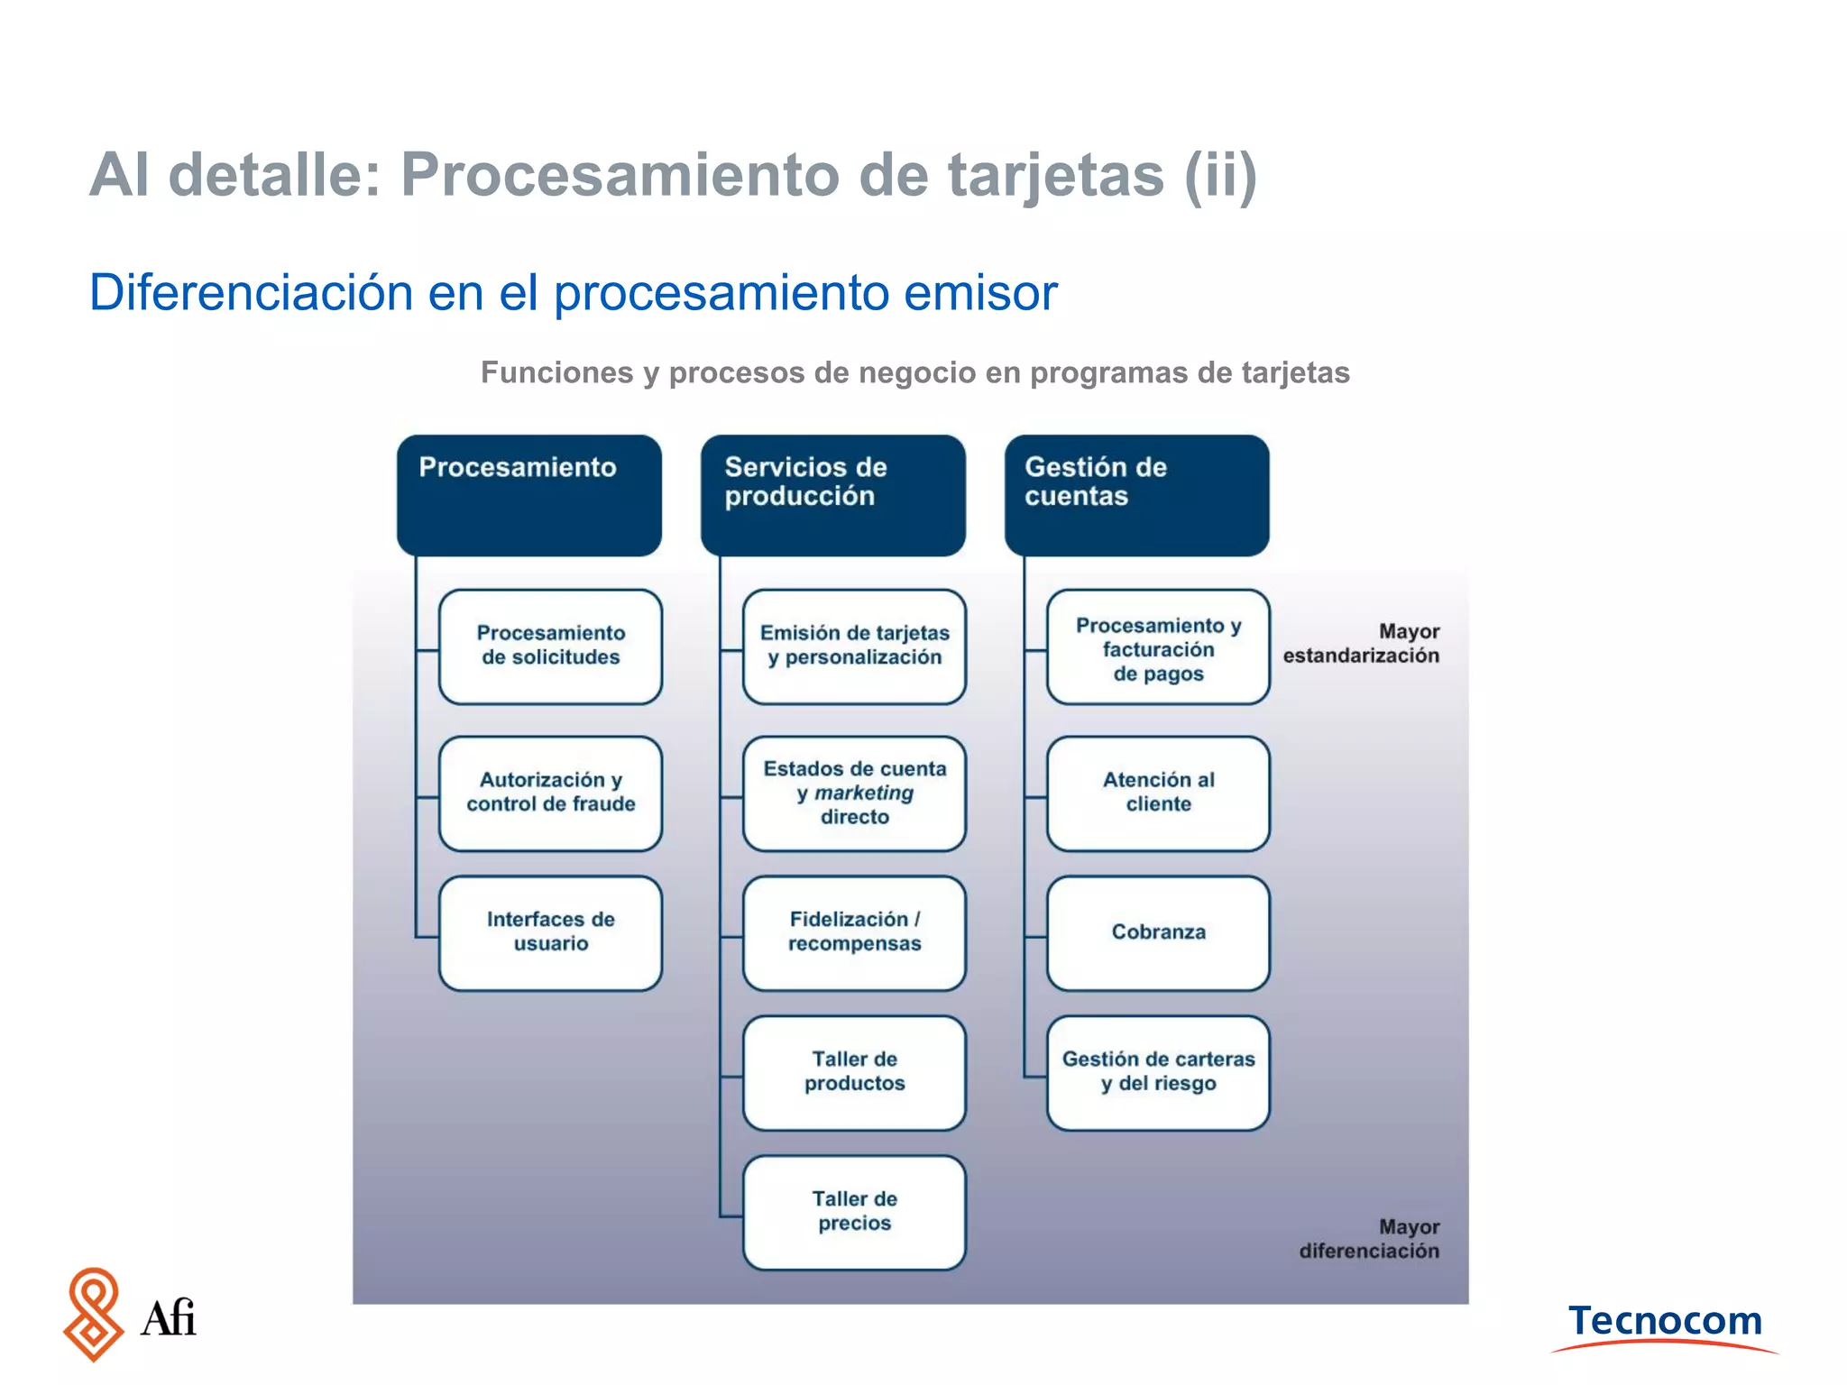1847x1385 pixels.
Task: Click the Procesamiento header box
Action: tap(529, 495)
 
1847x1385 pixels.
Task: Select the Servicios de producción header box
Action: tap(832, 495)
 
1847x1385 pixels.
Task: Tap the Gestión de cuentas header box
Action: tap(1136, 495)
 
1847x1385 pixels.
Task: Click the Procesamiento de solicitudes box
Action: tap(550, 647)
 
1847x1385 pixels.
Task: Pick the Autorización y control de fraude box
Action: tap(550, 793)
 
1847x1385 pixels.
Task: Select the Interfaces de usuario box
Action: tap(550, 932)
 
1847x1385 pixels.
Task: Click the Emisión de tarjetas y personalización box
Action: tap(854, 647)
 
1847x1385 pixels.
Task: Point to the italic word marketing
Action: tap(864, 793)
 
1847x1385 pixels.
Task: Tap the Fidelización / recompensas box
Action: tap(854, 932)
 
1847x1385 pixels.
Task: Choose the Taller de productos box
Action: tap(854, 1072)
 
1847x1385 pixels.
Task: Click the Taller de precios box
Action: tap(854, 1212)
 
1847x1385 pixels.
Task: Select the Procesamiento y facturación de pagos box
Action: tap(1158, 647)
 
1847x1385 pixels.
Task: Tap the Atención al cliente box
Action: tap(1158, 793)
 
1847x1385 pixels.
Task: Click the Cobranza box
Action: tap(1158, 932)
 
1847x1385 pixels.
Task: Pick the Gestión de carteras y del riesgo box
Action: tap(1158, 1072)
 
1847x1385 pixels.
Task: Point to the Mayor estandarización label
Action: tap(1362, 644)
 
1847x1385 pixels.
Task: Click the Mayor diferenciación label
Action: tap(1369, 1239)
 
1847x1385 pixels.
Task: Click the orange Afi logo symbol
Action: tap(93, 1314)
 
